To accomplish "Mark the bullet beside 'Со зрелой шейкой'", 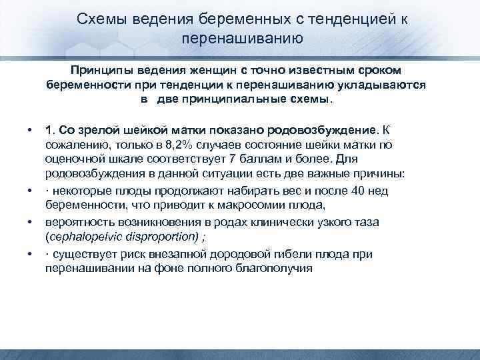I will point(30,129).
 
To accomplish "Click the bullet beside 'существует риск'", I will point(30,254).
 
